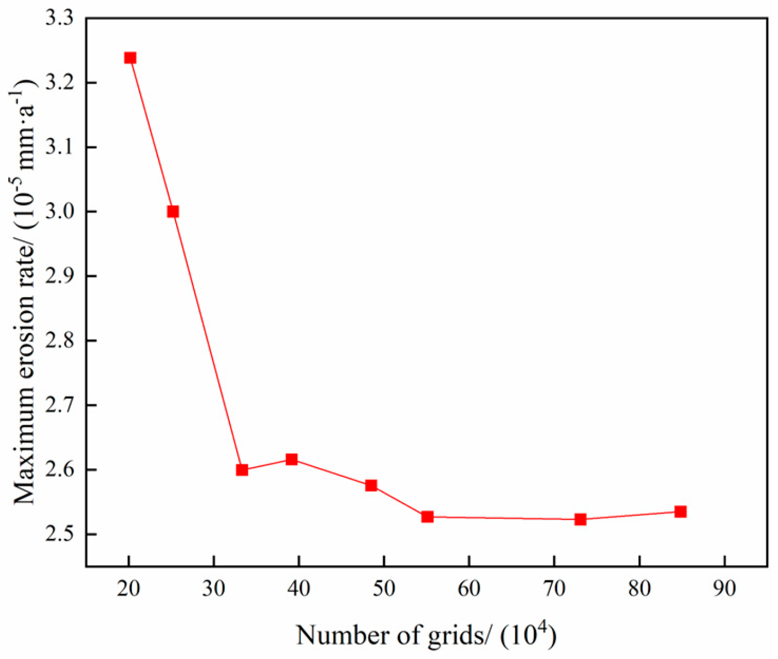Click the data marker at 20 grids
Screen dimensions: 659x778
click(x=130, y=58)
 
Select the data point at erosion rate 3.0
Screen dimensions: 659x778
click(x=173, y=211)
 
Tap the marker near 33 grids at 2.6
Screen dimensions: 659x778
click(x=242, y=470)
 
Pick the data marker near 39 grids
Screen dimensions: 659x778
click(x=291, y=460)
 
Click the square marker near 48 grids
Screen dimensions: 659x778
click(x=371, y=486)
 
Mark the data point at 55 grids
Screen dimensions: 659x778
click(x=427, y=517)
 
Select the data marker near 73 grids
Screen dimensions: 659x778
click(x=581, y=519)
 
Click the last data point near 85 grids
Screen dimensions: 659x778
click(x=680, y=511)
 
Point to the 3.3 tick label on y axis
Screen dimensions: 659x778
click(x=59, y=19)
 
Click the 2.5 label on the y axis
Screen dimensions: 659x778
click(x=59, y=534)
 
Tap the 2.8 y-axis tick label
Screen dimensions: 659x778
click(x=59, y=340)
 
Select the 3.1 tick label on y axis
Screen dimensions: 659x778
click(x=59, y=147)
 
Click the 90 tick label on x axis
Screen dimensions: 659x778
click(x=724, y=588)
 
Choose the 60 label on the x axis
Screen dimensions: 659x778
click(x=469, y=588)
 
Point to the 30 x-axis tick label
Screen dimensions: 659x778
click(x=214, y=588)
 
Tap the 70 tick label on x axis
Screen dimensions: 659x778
click(x=554, y=588)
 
